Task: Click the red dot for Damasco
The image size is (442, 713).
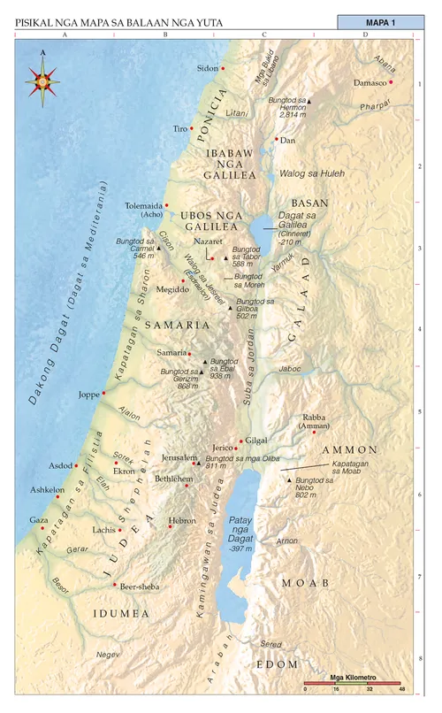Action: tap(391, 82)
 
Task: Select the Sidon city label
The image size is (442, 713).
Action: tap(206, 68)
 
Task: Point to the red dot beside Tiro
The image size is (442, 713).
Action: tap(192, 129)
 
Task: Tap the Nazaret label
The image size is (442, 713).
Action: tap(207, 241)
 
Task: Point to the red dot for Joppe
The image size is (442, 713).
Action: tap(104, 393)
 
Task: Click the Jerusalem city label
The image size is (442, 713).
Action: tap(179, 457)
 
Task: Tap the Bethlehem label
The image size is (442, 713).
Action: tap(173, 479)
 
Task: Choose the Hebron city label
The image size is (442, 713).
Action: tap(182, 521)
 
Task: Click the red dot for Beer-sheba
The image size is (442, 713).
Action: tap(115, 585)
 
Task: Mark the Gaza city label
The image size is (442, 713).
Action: tap(39, 520)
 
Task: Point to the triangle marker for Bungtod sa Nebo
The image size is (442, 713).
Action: tap(289, 479)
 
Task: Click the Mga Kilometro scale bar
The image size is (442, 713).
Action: tap(353, 683)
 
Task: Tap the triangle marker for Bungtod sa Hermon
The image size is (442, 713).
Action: tap(309, 102)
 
